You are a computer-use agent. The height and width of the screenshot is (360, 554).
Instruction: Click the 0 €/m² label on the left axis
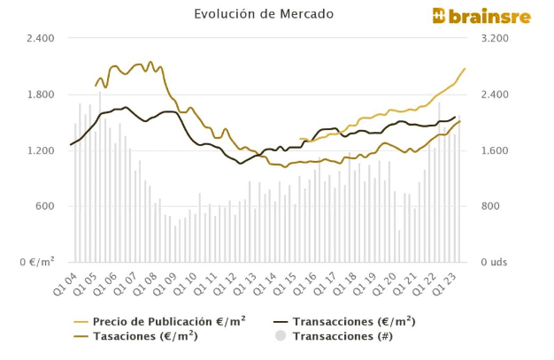[36, 263]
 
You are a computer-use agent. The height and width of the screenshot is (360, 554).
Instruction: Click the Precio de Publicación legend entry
[169, 322]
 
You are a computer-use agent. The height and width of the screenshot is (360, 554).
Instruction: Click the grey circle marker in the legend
[281, 336]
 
